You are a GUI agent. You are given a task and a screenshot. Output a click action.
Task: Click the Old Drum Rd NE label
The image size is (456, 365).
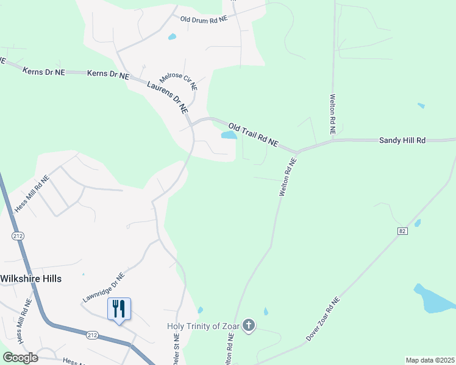(204, 19)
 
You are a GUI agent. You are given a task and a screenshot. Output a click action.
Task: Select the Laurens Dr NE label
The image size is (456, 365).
(167, 97)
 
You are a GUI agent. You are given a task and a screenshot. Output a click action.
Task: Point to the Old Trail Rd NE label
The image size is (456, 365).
(253, 133)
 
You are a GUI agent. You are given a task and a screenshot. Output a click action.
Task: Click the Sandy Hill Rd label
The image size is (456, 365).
(402, 140)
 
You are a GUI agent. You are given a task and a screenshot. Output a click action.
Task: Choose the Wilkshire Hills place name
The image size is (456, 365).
(31, 278)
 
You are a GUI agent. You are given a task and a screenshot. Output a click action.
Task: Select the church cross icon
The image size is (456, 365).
(249, 326)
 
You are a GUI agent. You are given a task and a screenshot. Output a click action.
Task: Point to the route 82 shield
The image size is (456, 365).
(402, 231)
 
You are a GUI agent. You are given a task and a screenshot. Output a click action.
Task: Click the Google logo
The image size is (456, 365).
(20, 358)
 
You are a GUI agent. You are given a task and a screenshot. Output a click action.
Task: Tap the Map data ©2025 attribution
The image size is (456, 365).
(429, 360)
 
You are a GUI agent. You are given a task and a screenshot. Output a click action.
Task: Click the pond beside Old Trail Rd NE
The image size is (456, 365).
(228, 135)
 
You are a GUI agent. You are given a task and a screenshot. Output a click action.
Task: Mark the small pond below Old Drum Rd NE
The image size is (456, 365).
(172, 36)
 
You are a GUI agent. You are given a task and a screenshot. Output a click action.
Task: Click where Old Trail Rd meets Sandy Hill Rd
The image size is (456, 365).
(297, 151)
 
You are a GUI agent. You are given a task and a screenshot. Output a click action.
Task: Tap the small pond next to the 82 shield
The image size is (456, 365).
(417, 223)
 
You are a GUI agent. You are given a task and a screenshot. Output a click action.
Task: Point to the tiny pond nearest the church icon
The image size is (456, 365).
(265, 311)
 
